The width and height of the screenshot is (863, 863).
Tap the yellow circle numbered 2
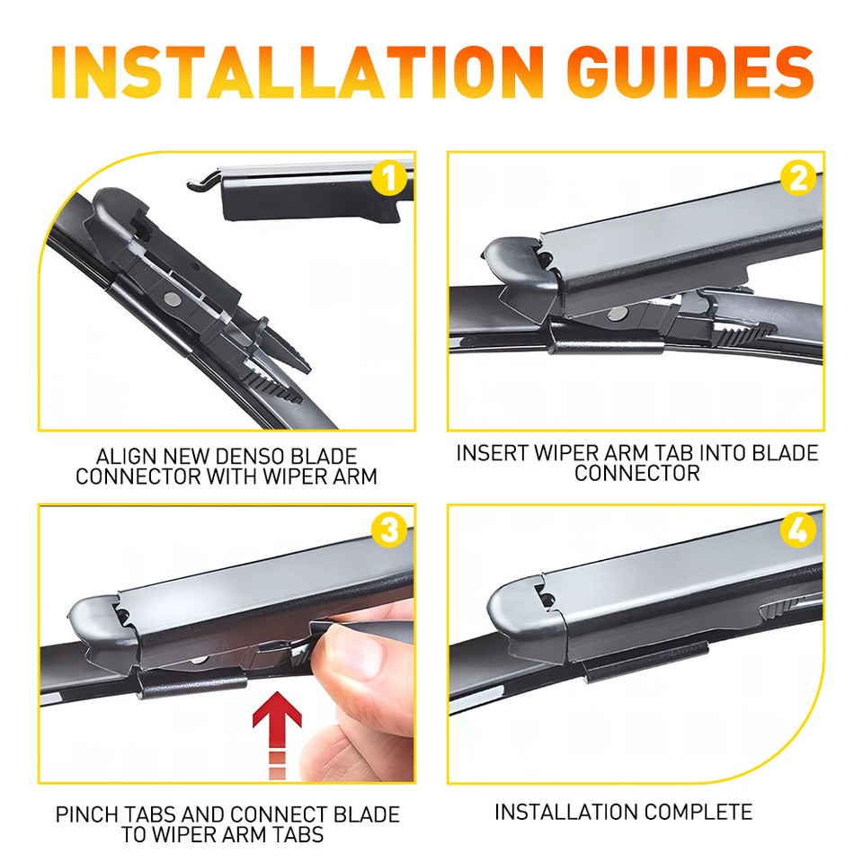(797, 178)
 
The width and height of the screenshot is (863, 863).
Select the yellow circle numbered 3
(388, 530)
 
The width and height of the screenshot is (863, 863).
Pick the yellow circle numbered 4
(797, 530)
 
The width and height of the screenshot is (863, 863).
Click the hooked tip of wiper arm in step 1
(200, 183)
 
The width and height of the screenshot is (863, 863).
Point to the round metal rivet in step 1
(170, 298)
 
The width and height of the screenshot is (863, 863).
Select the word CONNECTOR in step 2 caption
(636, 473)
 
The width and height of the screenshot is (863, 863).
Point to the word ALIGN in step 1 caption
(120, 458)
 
